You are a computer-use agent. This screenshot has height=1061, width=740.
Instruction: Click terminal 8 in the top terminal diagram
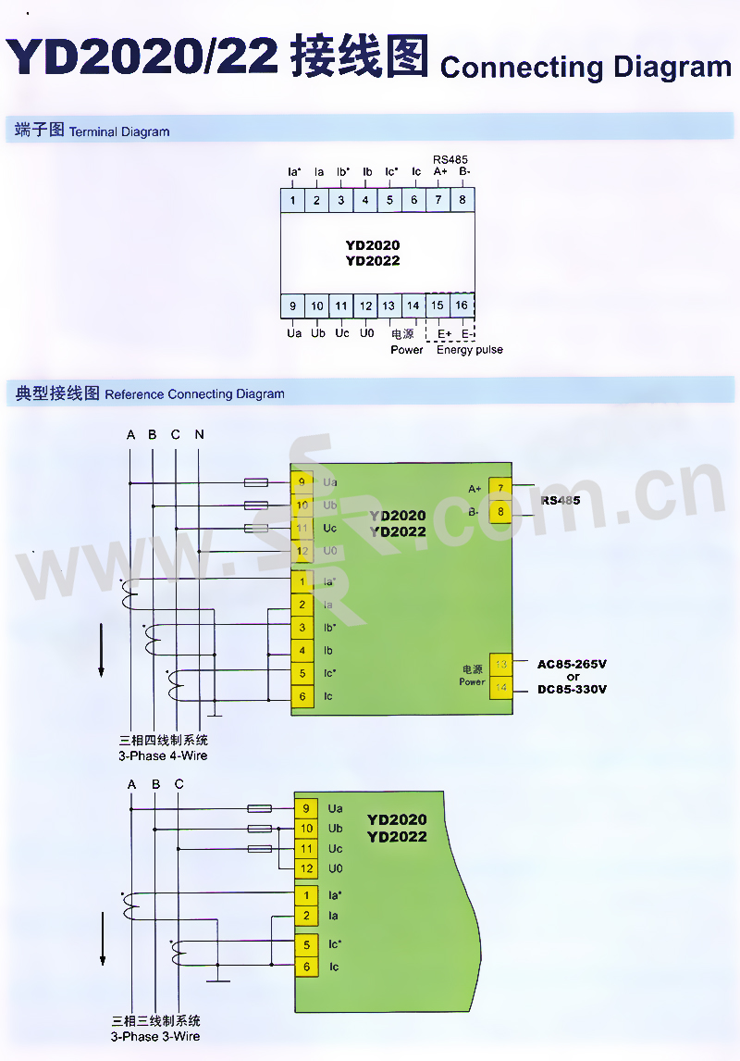click(462, 200)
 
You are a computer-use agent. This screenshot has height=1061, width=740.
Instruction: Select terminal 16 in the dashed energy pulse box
click(462, 306)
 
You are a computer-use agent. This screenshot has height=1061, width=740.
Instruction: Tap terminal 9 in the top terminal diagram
click(293, 306)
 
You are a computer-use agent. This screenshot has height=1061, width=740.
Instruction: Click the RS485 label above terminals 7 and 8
click(450, 159)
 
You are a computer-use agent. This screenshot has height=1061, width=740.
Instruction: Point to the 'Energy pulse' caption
click(470, 350)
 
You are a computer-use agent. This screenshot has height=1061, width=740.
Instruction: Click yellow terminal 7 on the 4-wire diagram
click(500, 488)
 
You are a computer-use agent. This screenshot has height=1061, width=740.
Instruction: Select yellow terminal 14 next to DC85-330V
click(500, 688)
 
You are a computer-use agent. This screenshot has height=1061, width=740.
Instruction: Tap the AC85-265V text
click(573, 664)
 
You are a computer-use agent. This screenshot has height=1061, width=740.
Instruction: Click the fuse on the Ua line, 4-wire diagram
click(256, 482)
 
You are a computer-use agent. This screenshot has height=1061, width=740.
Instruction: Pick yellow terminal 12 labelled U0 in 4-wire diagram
click(302, 551)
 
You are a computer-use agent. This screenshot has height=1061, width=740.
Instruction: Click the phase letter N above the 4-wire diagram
click(199, 434)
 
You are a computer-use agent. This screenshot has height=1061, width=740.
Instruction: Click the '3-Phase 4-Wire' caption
click(163, 755)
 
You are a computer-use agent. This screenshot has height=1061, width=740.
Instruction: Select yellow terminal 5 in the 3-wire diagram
click(306, 945)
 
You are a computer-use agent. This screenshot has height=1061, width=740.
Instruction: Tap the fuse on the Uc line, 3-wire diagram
click(260, 849)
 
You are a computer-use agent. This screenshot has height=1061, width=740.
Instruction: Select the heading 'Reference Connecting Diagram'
click(195, 394)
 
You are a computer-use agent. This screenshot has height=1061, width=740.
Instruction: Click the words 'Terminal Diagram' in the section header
click(119, 131)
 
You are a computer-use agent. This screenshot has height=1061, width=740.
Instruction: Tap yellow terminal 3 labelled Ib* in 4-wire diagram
click(302, 628)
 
